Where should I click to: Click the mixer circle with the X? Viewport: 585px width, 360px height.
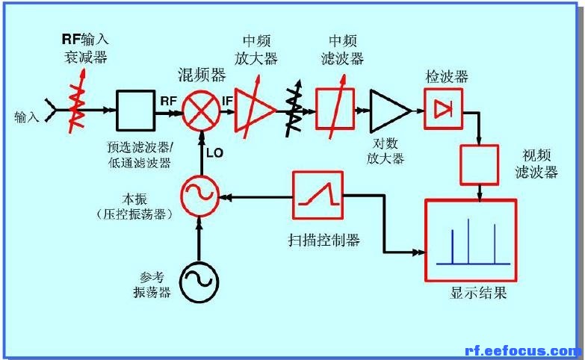tap(201, 111)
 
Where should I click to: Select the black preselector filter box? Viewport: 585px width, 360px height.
tap(135, 111)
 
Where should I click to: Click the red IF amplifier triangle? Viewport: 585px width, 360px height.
tap(256, 110)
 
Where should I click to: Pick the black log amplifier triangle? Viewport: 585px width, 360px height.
tap(390, 111)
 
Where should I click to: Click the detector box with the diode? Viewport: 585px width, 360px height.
tap(443, 109)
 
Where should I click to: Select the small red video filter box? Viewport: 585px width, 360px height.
tap(480, 165)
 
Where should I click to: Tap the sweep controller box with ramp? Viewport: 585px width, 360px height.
tap(318, 195)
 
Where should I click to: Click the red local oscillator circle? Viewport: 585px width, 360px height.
tap(199, 195)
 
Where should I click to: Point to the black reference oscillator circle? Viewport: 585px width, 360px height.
tap(199, 281)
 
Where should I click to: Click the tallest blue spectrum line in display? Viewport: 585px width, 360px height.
tap(468, 241)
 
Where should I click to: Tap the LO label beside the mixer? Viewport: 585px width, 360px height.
tap(214, 152)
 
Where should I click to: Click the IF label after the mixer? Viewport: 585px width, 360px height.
tap(227, 101)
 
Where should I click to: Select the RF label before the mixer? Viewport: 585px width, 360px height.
tap(169, 101)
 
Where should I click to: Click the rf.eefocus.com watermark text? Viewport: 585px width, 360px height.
tap(524, 351)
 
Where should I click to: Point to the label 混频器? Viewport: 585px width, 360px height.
tap(202, 75)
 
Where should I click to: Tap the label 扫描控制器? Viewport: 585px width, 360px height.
tap(324, 240)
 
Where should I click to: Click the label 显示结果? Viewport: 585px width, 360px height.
tap(478, 294)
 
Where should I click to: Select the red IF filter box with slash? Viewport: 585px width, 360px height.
tap(335, 108)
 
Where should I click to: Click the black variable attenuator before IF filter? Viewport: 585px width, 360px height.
tap(294, 108)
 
